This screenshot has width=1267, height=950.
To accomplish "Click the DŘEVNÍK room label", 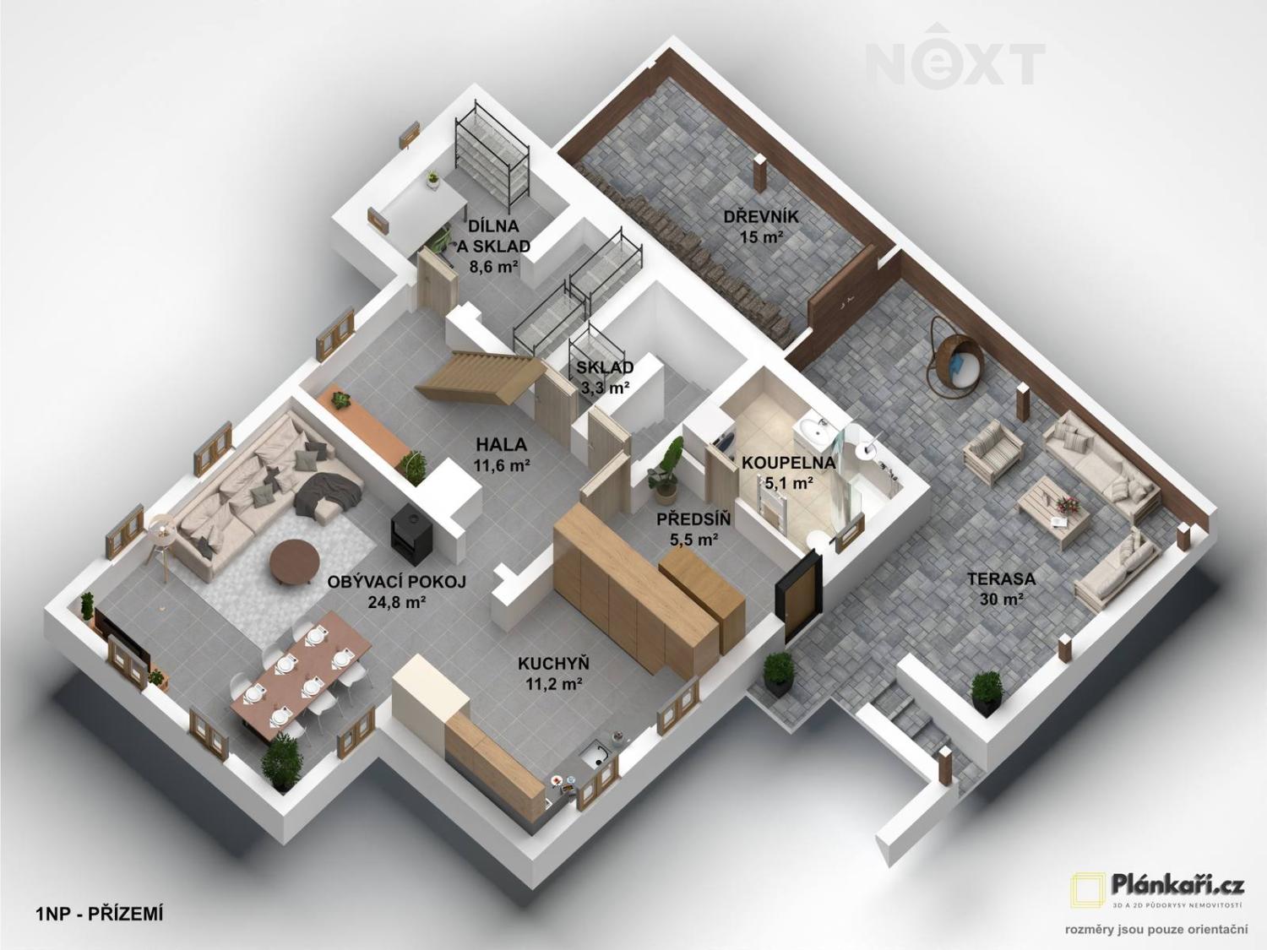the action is pyautogui.click(x=761, y=217).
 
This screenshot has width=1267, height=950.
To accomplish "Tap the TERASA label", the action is pyautogui.click(x=1002, y=578).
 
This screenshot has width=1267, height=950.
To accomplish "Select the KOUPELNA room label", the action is pyautogui.click(x=788, y=462).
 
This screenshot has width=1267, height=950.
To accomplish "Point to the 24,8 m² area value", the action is pyautogui.click(x=396, y=602).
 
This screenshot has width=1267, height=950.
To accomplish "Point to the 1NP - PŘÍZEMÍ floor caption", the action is pyautogui.click(x=99, y=914).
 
